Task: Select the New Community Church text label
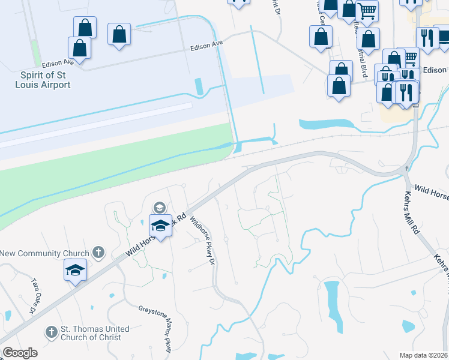click(x=44, y=254)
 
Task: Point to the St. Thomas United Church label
click(x=95, y=333)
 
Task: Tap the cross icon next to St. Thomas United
click(x=51, y=331)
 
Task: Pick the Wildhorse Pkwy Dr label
click(x=202, y=240)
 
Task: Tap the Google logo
click(x=20, y=353)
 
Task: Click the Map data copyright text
click(x=423, y=355)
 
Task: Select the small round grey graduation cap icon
click(x=159, y=208)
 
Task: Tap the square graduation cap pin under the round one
click(x=160, y=226)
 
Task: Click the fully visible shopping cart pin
click(x=367, y=10)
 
